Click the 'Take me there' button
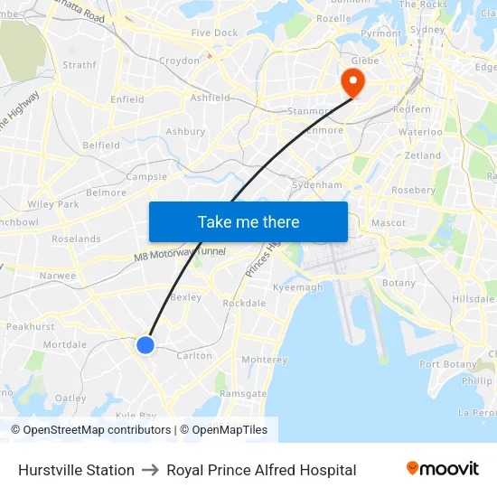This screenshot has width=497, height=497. pyautogui.click(x=248, y=221)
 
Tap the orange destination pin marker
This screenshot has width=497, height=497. pyautogui.click(x=351, y=82)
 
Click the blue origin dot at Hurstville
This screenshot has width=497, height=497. pyautogui.click(x=145, y=344)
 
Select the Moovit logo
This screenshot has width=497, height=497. pyautogui.click(x=443, y=469)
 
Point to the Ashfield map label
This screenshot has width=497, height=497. pyautogui.click(x=210, y=98)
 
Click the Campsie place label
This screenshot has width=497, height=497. pyautogui.click(x=146, y=177)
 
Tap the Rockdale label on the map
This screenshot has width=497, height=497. pyautogui.click(x=243, y=304)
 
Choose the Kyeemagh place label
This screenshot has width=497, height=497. pyautogui.click(x=297, y=287)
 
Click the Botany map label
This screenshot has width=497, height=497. pyautogui.click(x=399, y=283)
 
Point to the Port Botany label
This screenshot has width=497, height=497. pyautogui.click(x=448, y=364)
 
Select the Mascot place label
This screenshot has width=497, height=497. pyautogui.click(x=388, y=222)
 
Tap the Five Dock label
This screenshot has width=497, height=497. pyautogui.click(x=214, y=33)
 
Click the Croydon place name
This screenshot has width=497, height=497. pyautogui.click(x=179, y=61)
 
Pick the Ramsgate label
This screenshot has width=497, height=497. pyautogui.click(x=243, y=394)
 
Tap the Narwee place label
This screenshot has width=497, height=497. pyautogui.click(x=58, y=276)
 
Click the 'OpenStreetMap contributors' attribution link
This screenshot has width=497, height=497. pyautogui.click(x=97, y=430)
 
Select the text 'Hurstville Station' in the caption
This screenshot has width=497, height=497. pyautogui.click(x=76, y=470)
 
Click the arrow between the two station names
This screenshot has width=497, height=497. pyautogui.click(x=150, y=470)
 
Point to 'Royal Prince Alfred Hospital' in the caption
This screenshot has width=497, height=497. pyautogui.click(x=261, y=470)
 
